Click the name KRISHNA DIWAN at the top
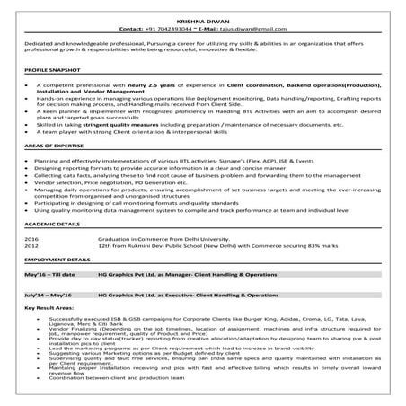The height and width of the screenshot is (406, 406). click(x=202, y=18)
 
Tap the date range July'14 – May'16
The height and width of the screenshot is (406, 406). click(x=50, y=295)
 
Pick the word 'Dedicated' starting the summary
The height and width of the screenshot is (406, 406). click(x=37, y=42)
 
